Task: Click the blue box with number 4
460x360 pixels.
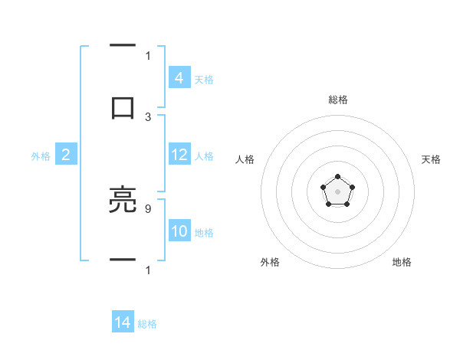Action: click(x=179, y=77)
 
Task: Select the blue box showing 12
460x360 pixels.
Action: click(x=179, y=155)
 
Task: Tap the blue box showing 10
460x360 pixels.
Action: click(x=179, y=231)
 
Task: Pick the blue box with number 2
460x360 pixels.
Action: click(x=66, y=155)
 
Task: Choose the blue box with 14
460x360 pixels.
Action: click(x=123, y=322)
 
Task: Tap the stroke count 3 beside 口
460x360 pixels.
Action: click(x=148, y=117)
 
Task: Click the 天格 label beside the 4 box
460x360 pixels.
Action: click(x=204, y=79)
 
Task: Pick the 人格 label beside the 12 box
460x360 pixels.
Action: click(x=204, y=156)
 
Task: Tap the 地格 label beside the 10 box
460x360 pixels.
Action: click(x=204, y=233)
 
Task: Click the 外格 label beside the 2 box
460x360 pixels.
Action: click(x=41, y=156)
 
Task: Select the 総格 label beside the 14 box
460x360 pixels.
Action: click(x=147, y=324)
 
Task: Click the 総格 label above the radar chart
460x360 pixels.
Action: click(x=337, y=100)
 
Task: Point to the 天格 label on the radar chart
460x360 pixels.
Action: click(x=431, y=159)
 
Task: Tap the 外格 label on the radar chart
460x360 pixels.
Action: click(x=270, y=262)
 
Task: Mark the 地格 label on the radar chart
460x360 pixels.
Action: click(x=402, y=262)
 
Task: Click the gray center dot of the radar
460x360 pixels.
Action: click(x=337, y=191)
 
